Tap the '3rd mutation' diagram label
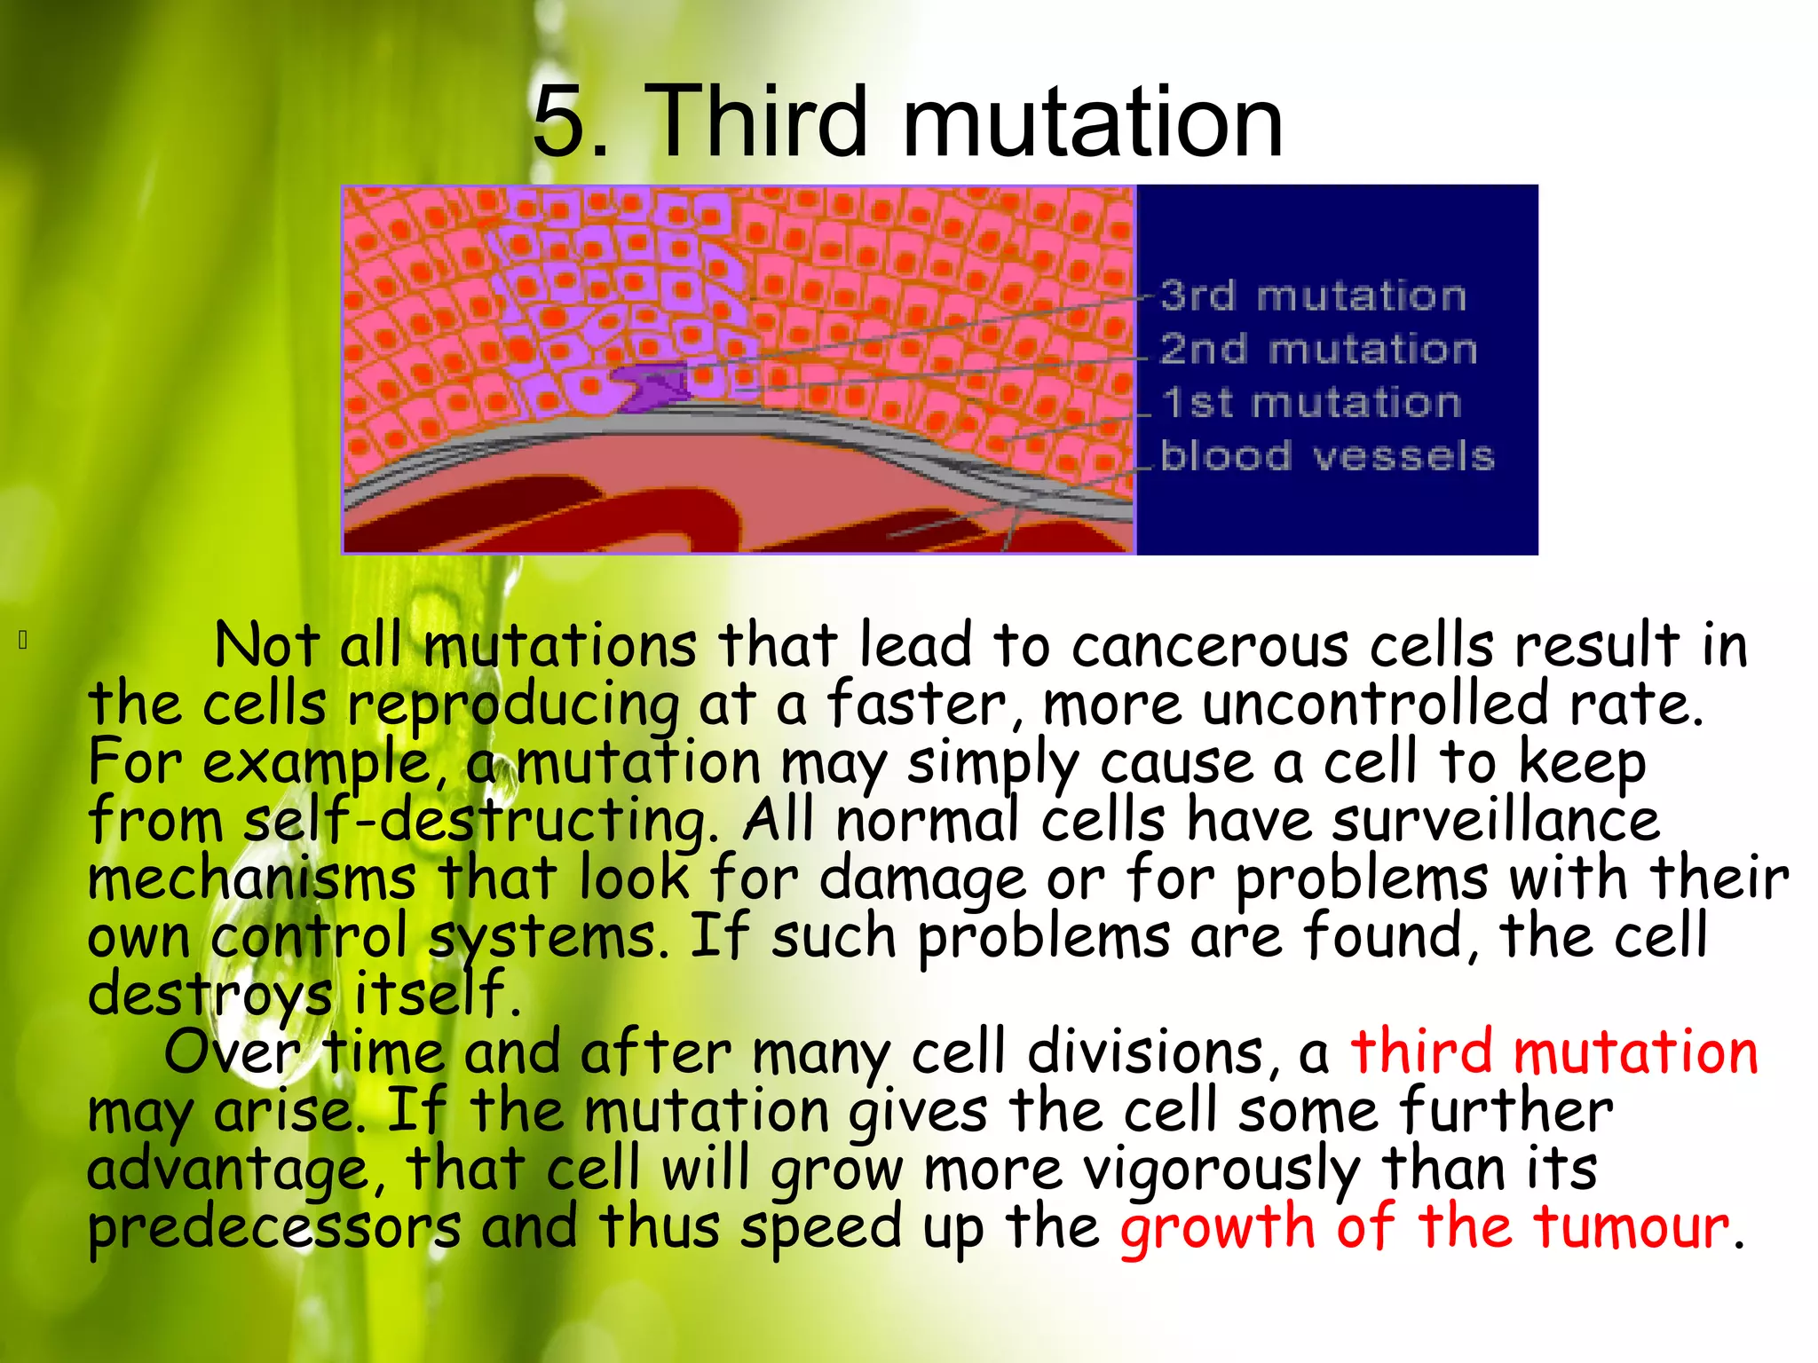[1313, 295]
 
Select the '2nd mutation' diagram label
[1318, 349]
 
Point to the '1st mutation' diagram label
[1311, 403]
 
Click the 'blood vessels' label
[1327, 456]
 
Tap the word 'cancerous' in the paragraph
[1211, 645]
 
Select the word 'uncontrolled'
[1376, 704]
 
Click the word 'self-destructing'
[480, 820]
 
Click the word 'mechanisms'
[252, 878]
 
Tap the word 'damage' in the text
[921, 878]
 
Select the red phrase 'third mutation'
[1553, 1052]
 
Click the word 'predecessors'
[274, 1227]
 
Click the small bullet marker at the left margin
[24, 639]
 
